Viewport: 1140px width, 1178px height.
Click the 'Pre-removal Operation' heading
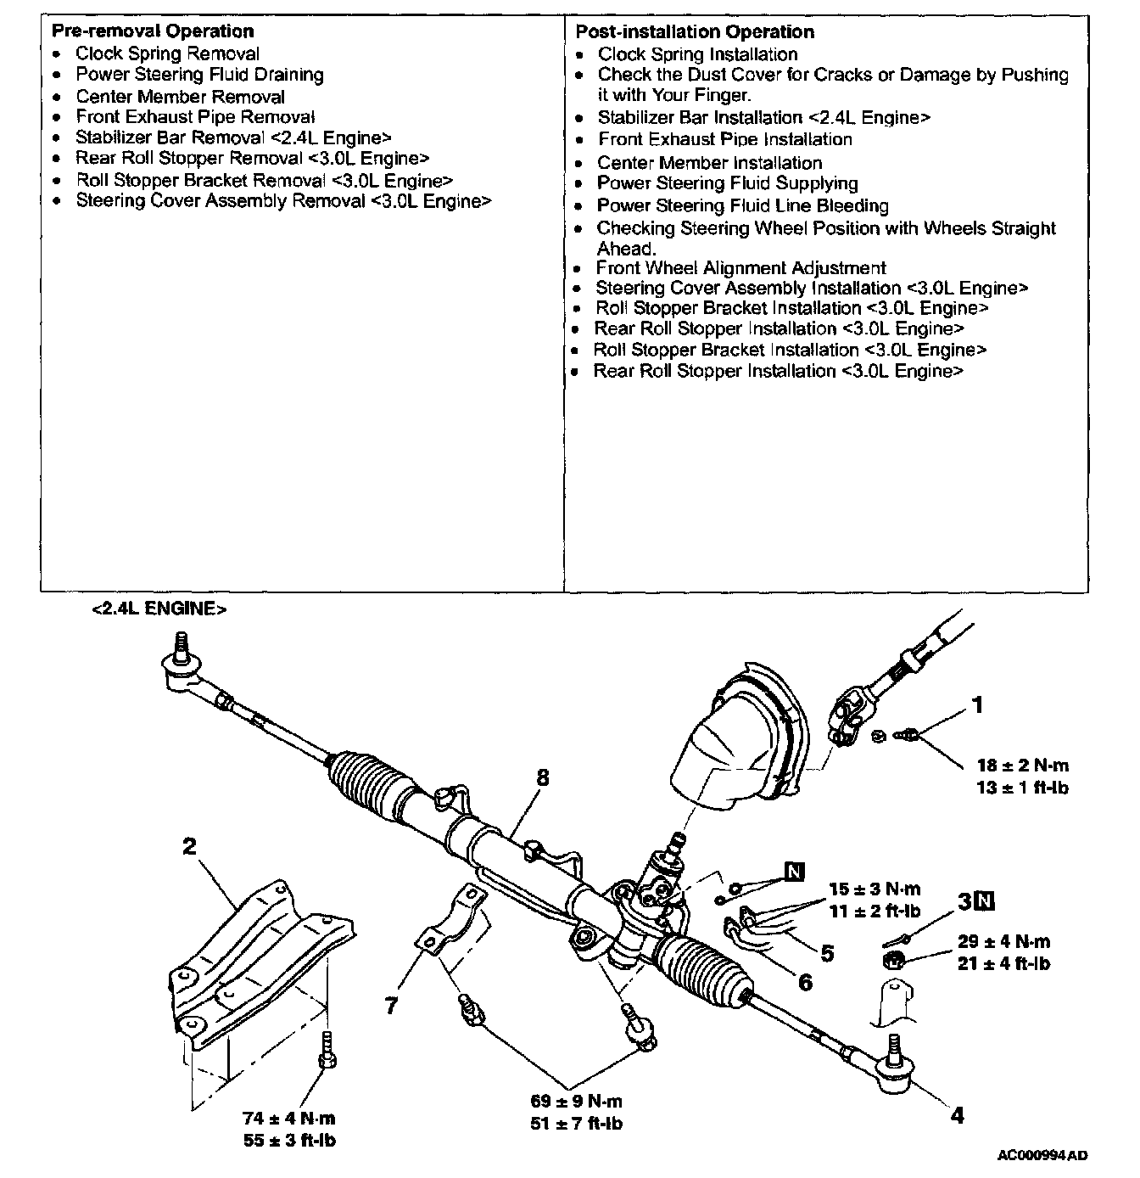click(x=153, y=31)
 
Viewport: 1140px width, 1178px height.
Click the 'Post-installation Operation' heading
click(x=694, y=32)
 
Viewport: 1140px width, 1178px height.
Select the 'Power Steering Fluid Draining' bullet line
click(x=199, y=75)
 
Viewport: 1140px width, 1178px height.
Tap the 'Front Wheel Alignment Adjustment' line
click(x=740, y=268)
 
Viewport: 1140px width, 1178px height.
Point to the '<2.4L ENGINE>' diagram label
click(x=159, y=609)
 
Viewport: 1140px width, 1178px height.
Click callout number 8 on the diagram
click(x=543, y=778)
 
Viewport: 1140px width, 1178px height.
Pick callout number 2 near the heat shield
click(x=188, y=846)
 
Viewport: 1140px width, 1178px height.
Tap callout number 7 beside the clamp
click(x=391, y=1006)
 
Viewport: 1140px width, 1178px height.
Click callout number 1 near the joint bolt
click(x=977, y=705)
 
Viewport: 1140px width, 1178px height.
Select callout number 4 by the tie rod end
click(x=957, y=1116)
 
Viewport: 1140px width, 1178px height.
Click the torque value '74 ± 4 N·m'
click(x=289, y=1119)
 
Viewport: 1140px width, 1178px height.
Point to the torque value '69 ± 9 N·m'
click(x=576, y=1102)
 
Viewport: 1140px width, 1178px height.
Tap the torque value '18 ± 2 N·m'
click(x=1022, y=766)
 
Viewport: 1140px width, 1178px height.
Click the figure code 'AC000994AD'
click(x=1042, y=1155)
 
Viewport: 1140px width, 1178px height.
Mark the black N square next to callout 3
click(x=984, y=900)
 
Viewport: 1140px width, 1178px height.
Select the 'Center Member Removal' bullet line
click(x=180, y=97)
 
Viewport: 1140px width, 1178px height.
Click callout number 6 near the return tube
click(x=804, y=982)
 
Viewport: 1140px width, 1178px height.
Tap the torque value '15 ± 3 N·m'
click(x=875, y=889)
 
